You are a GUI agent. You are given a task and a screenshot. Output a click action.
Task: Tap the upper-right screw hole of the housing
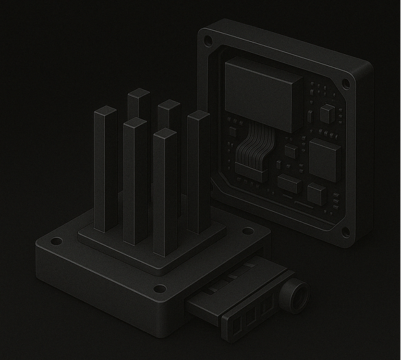pyautogui.click(x=345, y=83)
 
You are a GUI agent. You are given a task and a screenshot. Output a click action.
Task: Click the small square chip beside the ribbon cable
pyautogui.click(x=291, y=150)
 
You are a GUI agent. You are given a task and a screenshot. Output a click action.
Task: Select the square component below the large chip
pyautogui.click(x=316, y=190)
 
